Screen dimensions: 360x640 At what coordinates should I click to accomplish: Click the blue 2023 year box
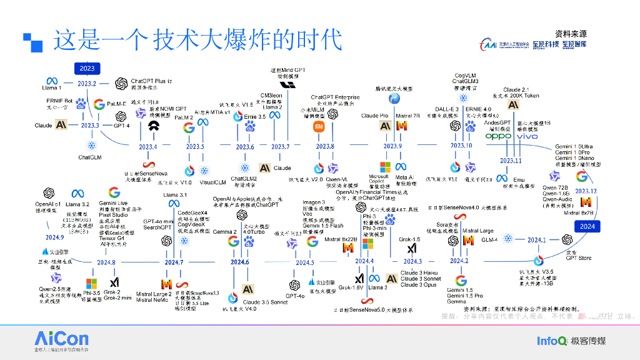click(87, 68)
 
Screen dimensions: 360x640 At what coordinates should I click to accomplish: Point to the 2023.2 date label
click(87, 83)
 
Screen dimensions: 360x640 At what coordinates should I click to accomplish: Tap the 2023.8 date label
click(325, 147)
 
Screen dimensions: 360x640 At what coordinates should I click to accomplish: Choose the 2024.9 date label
click(55, 237)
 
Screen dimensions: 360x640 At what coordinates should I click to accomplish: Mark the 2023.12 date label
click(586, 191)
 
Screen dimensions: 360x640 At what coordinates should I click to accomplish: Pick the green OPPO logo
click(499, 136)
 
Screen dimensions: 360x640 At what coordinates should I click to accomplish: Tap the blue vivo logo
click(527, 136)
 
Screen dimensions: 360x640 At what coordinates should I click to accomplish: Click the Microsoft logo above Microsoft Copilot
click(384, 167)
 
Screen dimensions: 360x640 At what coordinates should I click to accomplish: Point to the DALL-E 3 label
click(447, 109)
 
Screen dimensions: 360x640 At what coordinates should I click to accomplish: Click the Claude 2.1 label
click(516, 90)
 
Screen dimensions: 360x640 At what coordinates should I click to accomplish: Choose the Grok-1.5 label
click(409, 239)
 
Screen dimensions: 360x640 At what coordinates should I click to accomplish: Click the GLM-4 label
click(489, 239)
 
